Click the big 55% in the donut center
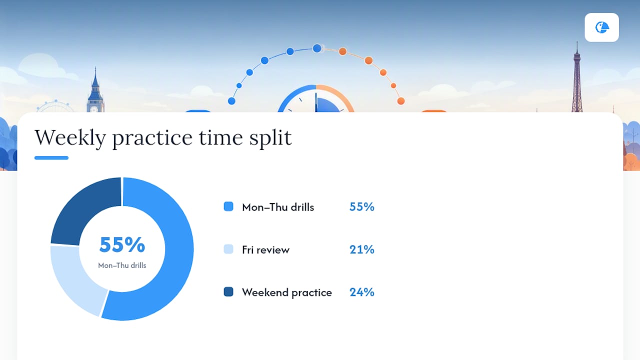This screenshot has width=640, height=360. pos(122,244)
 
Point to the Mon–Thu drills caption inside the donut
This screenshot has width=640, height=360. pos(122,265)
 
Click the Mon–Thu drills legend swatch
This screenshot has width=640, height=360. pos(228,206)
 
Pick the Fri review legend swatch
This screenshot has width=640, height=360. pos(228,249)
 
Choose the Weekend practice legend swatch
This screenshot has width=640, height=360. pos(228,291)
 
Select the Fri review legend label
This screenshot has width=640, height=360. pos(265,249)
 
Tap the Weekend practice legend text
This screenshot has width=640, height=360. pos(287,292)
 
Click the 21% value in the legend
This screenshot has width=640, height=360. pos(361,249)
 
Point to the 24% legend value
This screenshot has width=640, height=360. pos(361,292)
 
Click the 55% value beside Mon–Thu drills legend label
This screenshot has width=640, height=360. pos(361,206)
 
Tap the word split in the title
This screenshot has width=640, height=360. pos(270,138)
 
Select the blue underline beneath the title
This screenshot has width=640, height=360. pos(51,157)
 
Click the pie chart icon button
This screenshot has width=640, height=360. pos(601,27)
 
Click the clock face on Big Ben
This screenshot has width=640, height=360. pos(94,109)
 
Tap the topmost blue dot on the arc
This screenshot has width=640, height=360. pos(317,48)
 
